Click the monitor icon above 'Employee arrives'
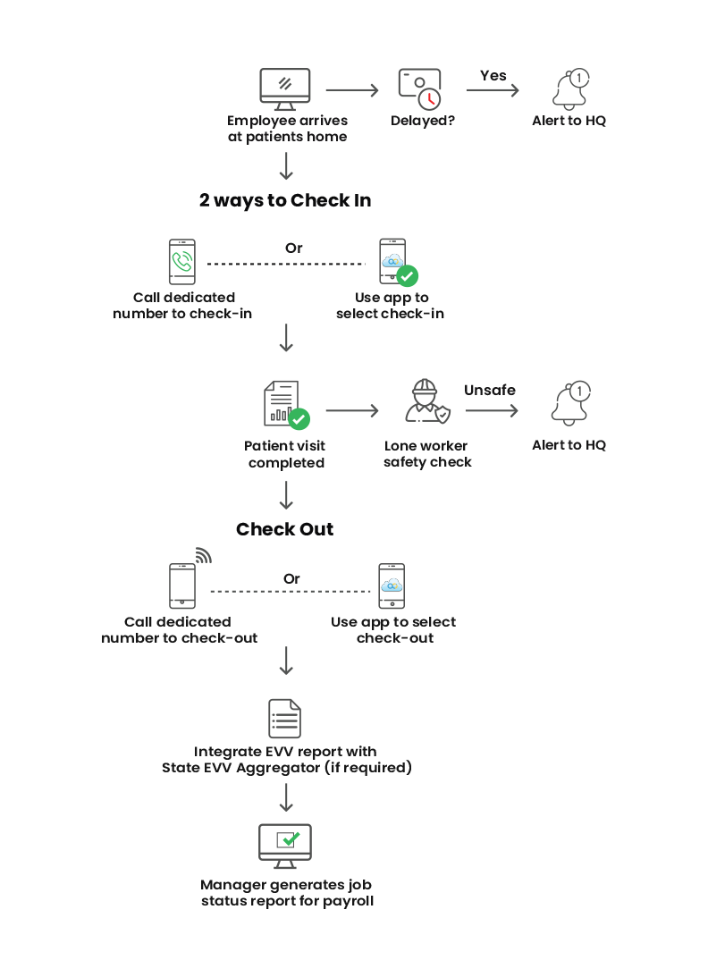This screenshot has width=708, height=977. click(285, 88)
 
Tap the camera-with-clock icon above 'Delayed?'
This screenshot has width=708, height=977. click(420, 88)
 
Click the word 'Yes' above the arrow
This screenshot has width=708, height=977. click(493, 76)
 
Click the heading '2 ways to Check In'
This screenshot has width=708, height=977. click(285, 200)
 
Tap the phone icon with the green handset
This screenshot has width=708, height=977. click(182, 261)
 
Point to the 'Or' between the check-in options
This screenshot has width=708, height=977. click(294, 248)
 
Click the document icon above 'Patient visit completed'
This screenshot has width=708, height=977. click(283, 404)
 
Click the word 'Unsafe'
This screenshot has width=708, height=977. click(490, 390)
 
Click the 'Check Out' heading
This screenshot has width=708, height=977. click(285, 529)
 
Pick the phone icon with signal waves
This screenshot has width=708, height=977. click(183, 585)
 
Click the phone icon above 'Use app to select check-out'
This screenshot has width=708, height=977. click(392, 585)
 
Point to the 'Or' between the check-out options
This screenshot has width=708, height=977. click(292, 578)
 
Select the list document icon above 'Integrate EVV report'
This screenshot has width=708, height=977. click(285, 718)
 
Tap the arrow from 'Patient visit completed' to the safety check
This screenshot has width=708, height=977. click(352, 410)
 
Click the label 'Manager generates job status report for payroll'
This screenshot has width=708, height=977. click(287, 893)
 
